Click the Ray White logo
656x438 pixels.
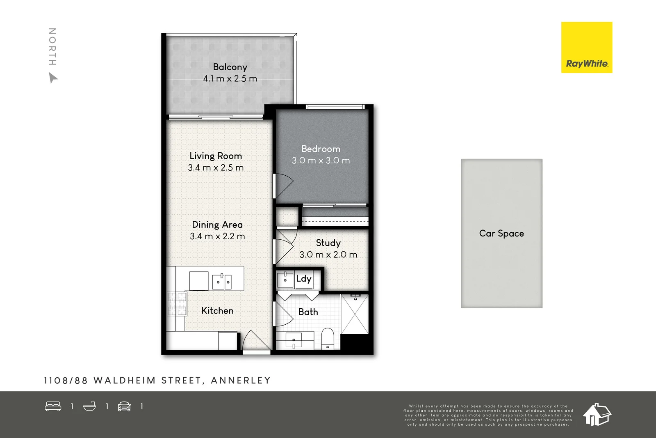(x=586, y=48)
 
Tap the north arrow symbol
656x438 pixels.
(x=53, y=78)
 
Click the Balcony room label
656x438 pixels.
(x=230, y=67)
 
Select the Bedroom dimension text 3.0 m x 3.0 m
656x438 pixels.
(x=321, y=161)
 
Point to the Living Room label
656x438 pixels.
(x=216, y=156)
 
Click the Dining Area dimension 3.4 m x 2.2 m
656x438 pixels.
(x=217, y=236)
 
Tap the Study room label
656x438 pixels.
(x=328, y=243)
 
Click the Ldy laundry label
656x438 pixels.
(x=304, y=279)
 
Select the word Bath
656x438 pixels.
(x=308, y=312)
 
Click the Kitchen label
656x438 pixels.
(x=217, y=311)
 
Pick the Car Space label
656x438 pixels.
(x=501, y=234)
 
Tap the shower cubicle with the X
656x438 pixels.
(x=355, y=314)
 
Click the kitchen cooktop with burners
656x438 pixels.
(x=177, y=304)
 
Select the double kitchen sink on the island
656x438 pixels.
(x=222, y=282)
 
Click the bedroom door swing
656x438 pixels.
(x=284, y=186)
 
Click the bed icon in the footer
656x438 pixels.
(x=53, y=406)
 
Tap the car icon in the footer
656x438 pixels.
(x=124, y=406)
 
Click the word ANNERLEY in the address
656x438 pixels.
(x=241, y=381)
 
